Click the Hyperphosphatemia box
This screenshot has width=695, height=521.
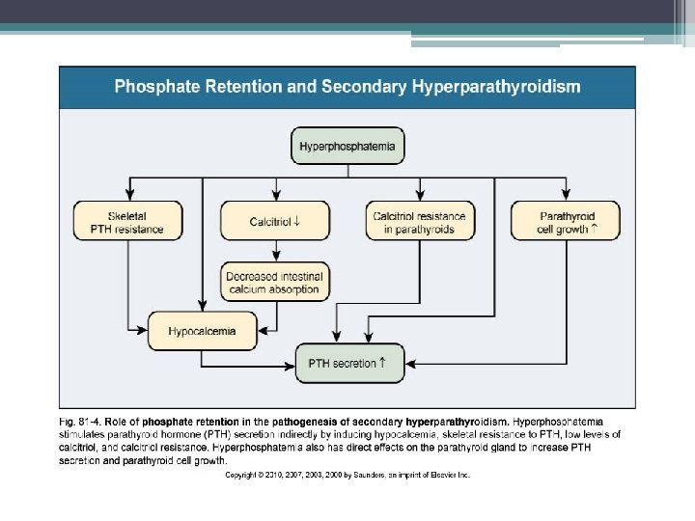tap(347, 149)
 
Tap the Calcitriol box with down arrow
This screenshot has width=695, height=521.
tap(273, 222)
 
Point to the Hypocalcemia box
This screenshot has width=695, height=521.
tap(202, 331)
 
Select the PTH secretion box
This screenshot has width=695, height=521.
tap(347, 365)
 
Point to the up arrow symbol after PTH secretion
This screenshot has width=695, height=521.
tap(383, 364)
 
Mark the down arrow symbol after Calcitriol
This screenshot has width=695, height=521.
tap(301, 222)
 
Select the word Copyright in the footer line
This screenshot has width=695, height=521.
tap(244, 475)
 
